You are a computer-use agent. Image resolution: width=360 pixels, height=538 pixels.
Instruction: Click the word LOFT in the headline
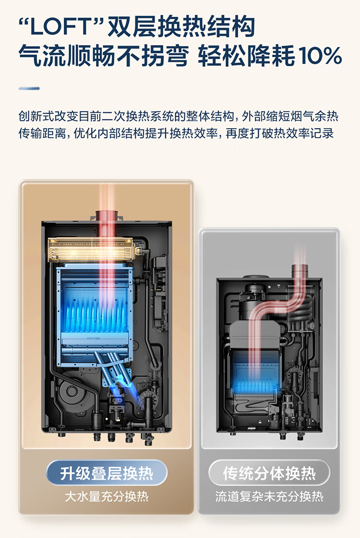coord(61,27)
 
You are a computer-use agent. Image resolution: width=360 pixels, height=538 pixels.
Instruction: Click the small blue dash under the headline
coord(29,88)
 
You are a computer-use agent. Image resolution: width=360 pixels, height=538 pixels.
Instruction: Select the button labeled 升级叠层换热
coord(107,473)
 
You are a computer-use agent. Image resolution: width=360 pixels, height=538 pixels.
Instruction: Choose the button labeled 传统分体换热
coord(269,473)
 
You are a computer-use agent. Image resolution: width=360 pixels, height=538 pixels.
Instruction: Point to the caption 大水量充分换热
coord(107,496)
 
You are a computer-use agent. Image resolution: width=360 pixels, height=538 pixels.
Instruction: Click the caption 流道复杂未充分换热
coord(269,496)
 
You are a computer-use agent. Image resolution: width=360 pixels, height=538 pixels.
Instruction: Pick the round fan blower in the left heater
coord(72,391)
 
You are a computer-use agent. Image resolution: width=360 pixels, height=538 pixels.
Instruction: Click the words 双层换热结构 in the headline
coord(181,27)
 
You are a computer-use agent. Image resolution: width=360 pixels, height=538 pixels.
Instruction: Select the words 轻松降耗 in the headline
coord(246,56)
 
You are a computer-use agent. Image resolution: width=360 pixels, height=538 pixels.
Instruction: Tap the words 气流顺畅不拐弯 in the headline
coord(103,56)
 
